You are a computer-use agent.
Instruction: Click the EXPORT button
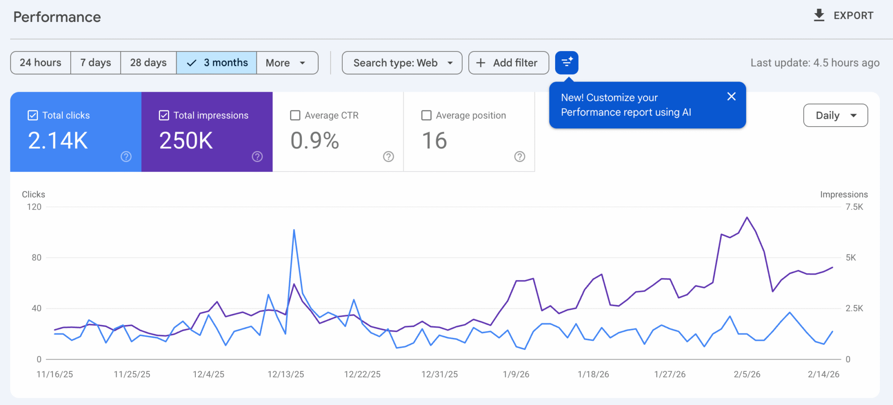point(844,16)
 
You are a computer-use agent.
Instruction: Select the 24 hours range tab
point(41,63)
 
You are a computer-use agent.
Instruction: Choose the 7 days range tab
point(95,63)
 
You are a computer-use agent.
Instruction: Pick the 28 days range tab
point(148,63)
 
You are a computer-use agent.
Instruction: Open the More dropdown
point(286,63)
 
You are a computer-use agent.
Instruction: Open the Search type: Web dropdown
point(402,63)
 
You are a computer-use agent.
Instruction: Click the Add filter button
point(508,63)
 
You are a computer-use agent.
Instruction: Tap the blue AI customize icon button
point(566,63)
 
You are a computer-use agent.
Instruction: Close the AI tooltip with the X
point(731,96)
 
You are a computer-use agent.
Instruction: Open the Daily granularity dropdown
point(835,115)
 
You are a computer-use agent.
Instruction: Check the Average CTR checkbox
point(295,115)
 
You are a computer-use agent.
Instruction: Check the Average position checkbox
point(426,115)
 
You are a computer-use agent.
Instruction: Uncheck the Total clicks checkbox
point(33,115)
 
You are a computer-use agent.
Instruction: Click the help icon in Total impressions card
point(257,156)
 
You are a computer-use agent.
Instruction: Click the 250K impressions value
point(186,141)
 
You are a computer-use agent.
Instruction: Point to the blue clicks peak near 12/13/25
point(294,230)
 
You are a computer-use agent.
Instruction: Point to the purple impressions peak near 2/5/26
point(747,217)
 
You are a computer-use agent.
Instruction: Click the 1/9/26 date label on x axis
point(516,374)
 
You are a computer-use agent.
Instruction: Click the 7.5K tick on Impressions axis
point(854,207)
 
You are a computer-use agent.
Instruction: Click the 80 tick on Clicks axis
point(37,257)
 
